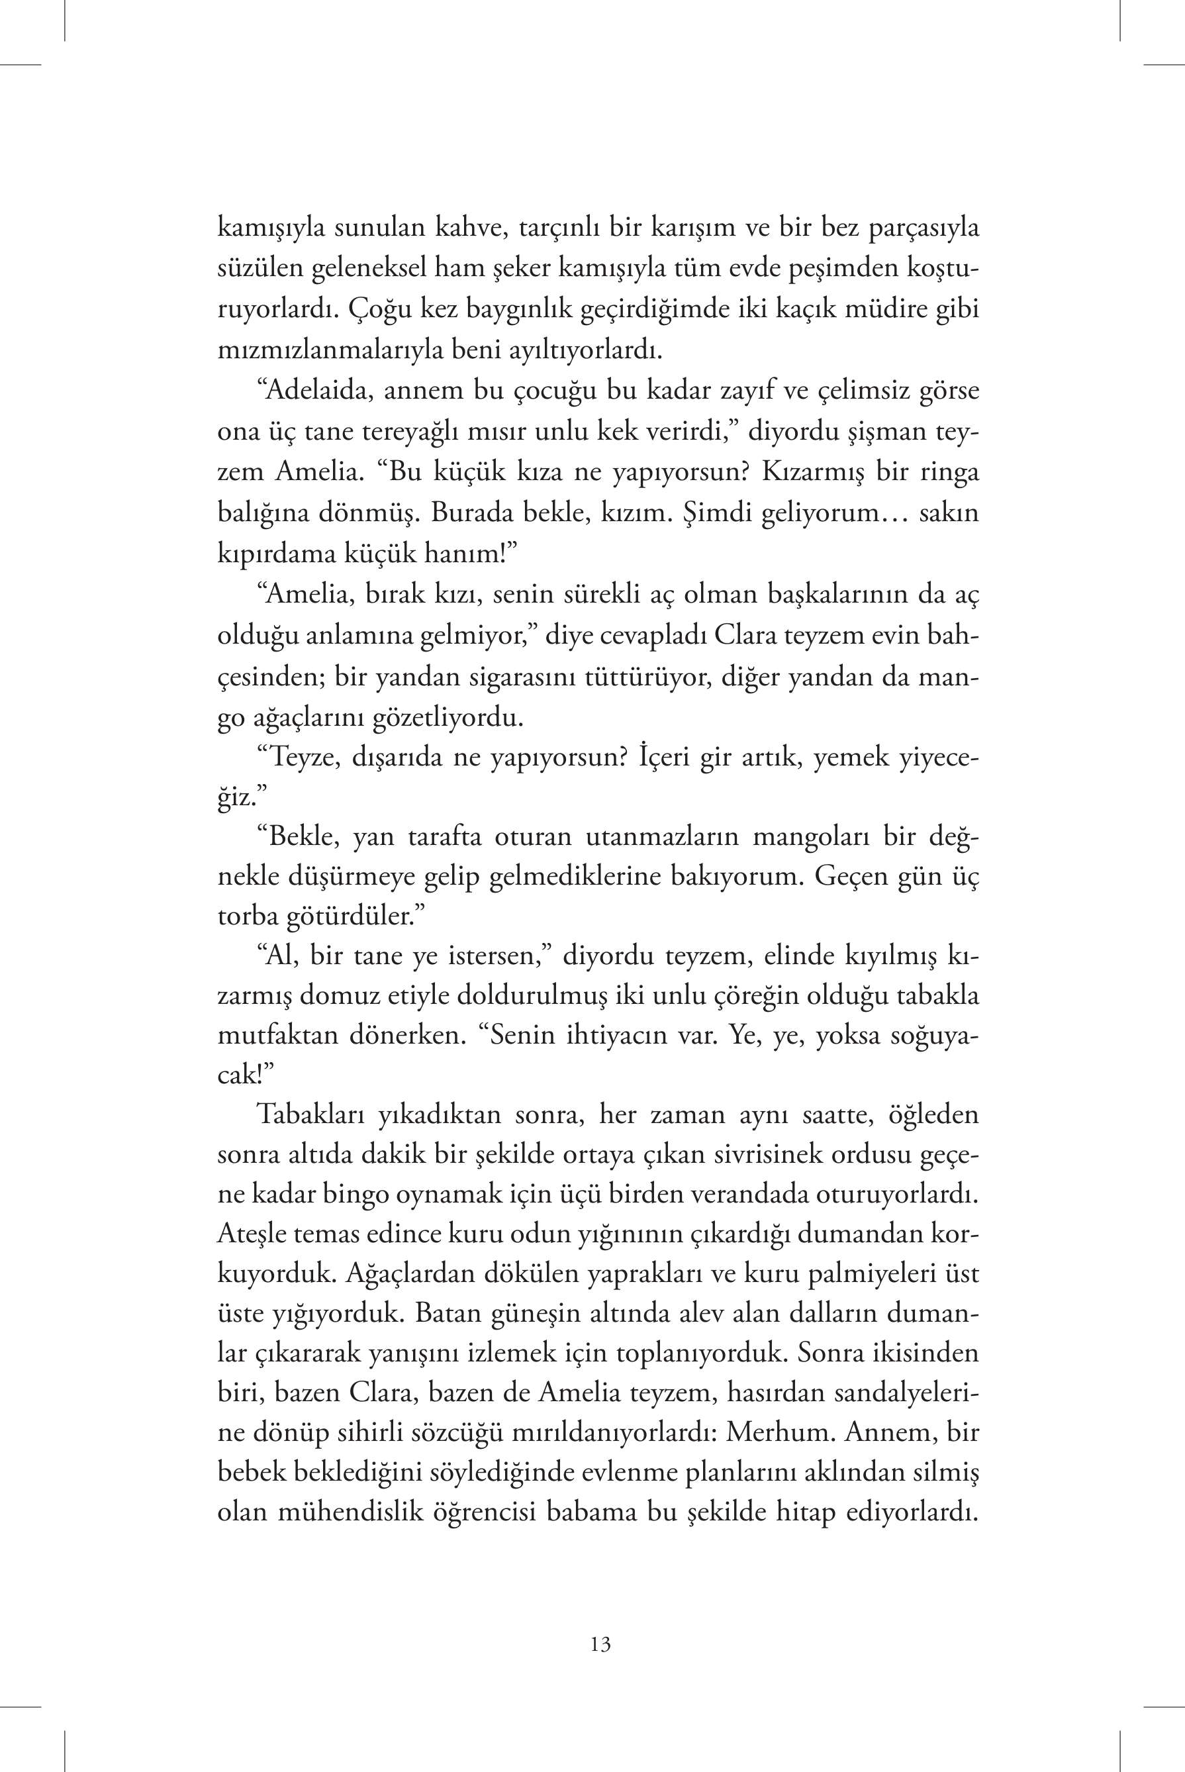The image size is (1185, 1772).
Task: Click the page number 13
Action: click(x=601, y=1644)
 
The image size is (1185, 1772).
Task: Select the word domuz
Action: click(x=337, y=995)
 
